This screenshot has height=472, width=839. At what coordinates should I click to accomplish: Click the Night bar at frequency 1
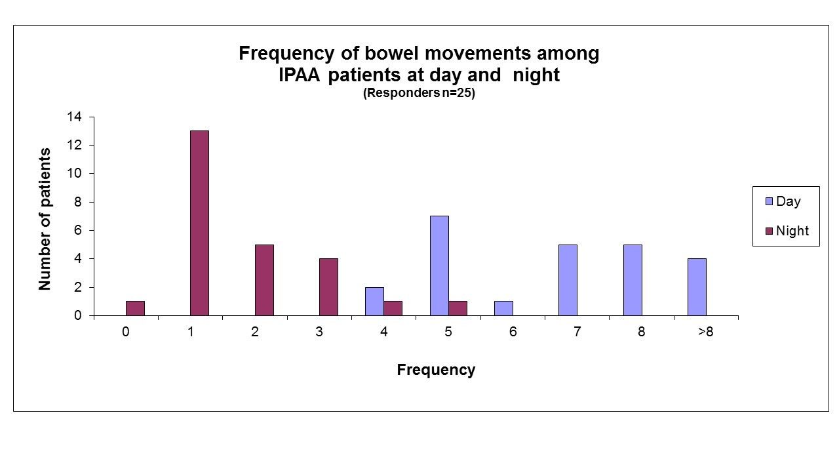(200, 224)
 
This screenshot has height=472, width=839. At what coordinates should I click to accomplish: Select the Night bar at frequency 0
(135, 308)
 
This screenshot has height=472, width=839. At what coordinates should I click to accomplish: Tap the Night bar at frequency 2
(264, 280)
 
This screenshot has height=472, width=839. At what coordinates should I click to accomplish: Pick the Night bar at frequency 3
(328, 287)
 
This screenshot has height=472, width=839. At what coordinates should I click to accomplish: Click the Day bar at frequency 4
(374, 302)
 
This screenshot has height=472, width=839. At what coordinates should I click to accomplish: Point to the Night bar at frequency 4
(393, 308)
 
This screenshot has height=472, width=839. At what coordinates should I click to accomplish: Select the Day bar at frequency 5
(439, 266)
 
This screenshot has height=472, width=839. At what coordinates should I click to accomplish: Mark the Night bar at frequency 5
(458, 308)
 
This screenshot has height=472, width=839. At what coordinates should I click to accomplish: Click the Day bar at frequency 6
(504, 308)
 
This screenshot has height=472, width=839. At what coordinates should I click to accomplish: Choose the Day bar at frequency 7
(568, 280)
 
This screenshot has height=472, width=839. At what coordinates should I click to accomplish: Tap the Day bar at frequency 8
(633, 280)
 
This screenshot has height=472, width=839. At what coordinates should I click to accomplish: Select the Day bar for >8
(697, 287)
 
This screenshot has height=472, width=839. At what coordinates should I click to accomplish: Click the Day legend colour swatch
(769, 201)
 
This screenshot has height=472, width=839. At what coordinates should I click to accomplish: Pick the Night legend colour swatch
(769, 231)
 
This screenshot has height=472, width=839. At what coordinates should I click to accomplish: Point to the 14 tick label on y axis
(74, 117)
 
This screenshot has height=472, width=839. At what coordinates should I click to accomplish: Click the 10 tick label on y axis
(74, 174)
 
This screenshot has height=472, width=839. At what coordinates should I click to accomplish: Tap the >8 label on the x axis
(706, 332)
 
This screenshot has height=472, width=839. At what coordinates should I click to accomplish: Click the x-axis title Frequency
(436, 370)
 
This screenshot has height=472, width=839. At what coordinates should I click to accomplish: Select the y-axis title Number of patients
(45, 219)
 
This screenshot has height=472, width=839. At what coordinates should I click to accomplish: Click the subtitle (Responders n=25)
(419, 93)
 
